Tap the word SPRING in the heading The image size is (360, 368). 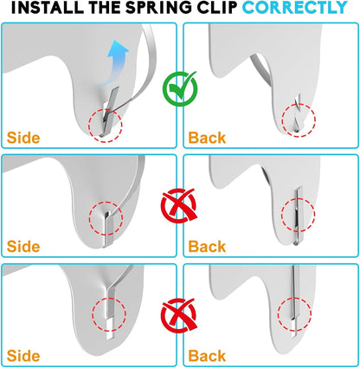[x=158, y=8]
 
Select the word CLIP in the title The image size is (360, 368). [x=216, y=8]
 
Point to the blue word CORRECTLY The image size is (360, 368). [x=295, y=8]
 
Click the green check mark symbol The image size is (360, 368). [x=180, y=88]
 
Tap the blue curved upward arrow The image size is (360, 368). [x=114, y=63]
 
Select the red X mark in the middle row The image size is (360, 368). [x=179, y=205]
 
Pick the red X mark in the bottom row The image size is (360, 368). [x=179, y=315]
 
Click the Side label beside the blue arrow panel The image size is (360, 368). [x=23, y=138]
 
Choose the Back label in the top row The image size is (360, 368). [x=207, y=138]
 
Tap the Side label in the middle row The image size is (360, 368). [x=23, y=247]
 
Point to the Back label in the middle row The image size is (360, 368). [x=207, y=247]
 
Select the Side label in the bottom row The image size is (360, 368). [x=23, y=356]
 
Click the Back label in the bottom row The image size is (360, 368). [x=207, y=356]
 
